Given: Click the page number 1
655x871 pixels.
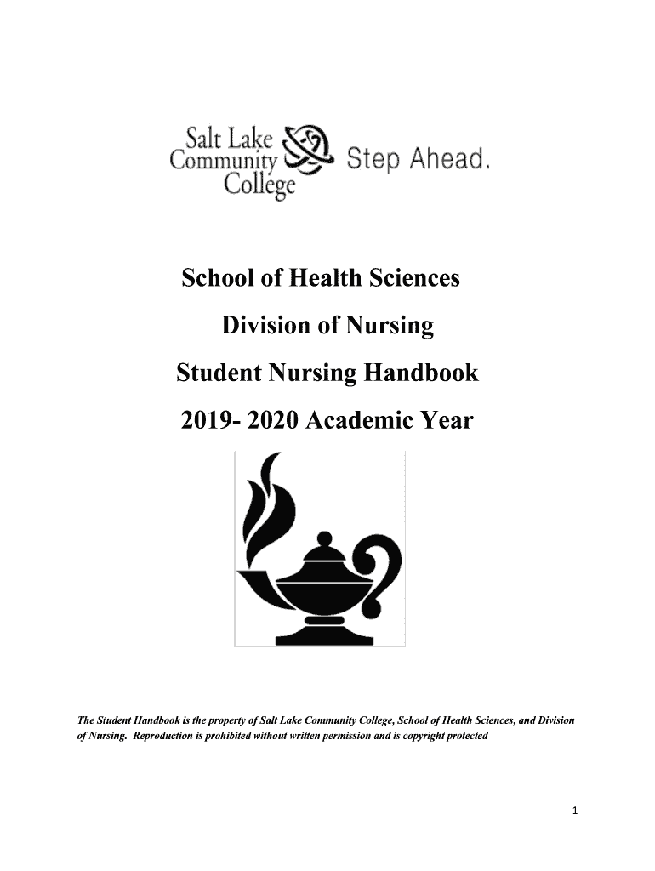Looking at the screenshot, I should click(575, 811).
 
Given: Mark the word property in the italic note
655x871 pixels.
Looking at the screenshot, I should click(225, 721).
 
